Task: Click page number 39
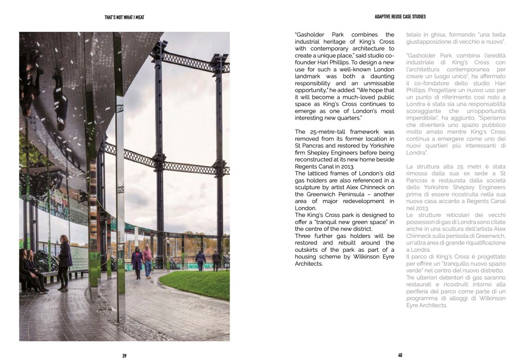tap(124, 356)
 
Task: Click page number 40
tap(400, 356)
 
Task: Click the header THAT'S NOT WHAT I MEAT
tap(124, 17)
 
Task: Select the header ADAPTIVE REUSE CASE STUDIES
tap(400, 17)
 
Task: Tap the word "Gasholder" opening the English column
tap(313, 35)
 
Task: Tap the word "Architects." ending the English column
tap(309, 264)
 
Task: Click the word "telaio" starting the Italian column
tap(414, 34)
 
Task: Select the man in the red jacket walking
tap(147, 259)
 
